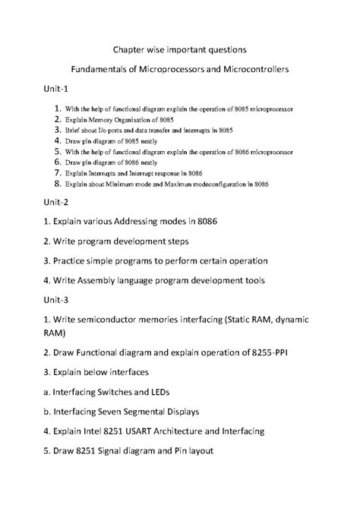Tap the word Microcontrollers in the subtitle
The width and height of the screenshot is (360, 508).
(x=249, y=69)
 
